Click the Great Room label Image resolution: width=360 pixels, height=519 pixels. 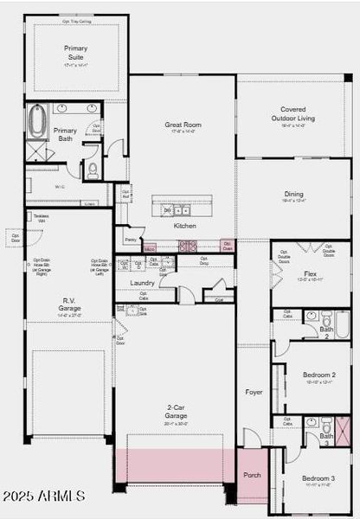(x=183, y=125)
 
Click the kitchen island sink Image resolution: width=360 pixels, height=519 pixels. (x=181, y=210)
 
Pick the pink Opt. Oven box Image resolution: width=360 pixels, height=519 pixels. (x=227, y=246)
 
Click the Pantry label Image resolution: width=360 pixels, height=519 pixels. (x=130, y=240)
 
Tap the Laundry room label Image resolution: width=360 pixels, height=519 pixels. (x=142, y=283)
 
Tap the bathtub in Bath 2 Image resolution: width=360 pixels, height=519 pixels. (x=342, y=324)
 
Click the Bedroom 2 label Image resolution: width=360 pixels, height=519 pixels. (x=319, y=375)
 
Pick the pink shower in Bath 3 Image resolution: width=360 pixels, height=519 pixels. (x=343, y=431)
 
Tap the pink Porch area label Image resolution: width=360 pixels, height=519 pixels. (x=252, y=475)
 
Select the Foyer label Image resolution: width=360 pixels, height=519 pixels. (x=254, y=391)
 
